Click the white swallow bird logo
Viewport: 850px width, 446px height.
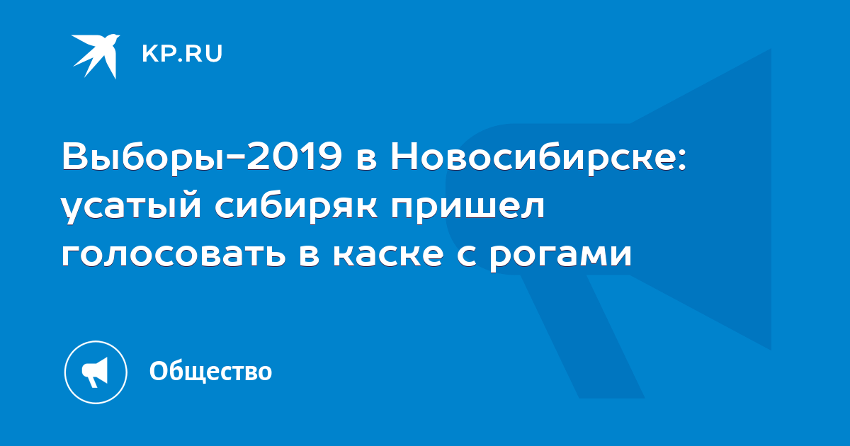pos(96,56)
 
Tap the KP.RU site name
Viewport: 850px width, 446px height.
pos(182,54)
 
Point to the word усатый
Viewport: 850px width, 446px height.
pos(131,207)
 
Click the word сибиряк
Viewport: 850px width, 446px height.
pos(296,207)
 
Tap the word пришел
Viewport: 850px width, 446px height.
pos(468,207)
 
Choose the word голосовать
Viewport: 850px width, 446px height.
pos(174,254)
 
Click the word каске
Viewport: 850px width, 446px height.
pos(388,254)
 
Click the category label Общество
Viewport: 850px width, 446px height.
pos(210,371)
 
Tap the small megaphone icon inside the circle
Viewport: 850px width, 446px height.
pos(95,372)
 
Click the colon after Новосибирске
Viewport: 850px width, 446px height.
pos(682,161)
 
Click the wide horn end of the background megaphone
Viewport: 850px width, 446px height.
pos(702,199)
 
